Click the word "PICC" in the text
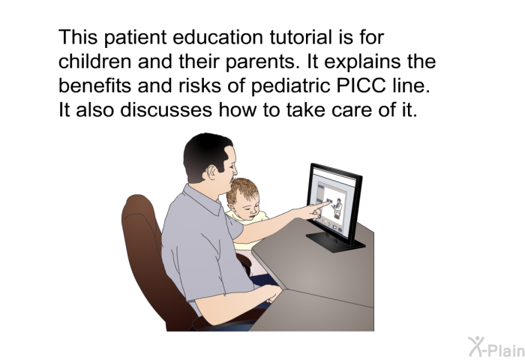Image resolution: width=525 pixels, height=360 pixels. [361, 85]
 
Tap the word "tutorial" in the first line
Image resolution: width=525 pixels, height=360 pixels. [301, 37]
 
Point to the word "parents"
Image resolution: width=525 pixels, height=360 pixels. [263, 62]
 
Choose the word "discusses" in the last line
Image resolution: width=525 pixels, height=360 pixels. [166, 109]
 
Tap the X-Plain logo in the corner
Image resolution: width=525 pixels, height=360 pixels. [496, 346]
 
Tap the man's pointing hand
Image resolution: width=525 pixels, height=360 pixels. [314, 210]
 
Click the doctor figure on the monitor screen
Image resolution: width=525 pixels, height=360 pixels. [337, 208]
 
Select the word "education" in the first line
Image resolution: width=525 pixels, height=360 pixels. [217, 37]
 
